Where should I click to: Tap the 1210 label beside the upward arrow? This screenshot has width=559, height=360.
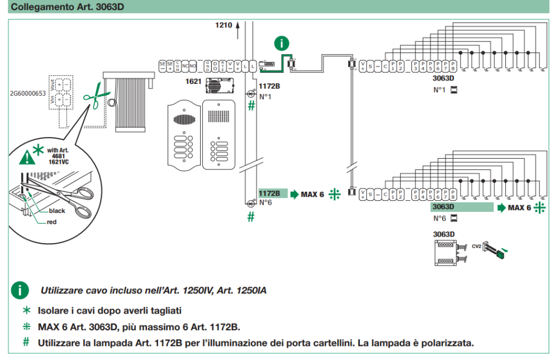(223, 25)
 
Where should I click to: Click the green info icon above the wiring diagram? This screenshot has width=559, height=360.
(283, 43)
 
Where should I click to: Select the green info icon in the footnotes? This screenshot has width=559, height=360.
(21, 290)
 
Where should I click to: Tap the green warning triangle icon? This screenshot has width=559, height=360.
(26, 157)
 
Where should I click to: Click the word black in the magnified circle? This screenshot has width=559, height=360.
(57, 211)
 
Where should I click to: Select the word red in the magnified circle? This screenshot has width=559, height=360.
(51, 222)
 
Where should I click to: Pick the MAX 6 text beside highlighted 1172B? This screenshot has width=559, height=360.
(312, 194)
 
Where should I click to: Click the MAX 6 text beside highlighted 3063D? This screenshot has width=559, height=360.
(519, 208)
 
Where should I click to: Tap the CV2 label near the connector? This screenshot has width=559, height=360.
(476, 245)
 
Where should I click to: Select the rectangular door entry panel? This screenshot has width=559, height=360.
(220, 134)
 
